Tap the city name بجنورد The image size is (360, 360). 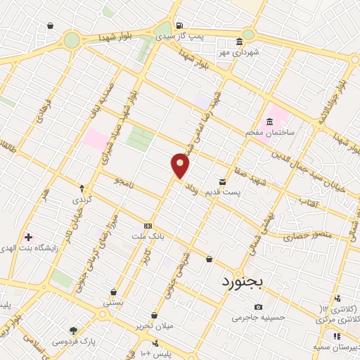(x=241, y=282)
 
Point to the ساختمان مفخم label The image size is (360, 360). (x=269, y=132)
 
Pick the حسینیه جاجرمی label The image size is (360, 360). (x=258, y=317)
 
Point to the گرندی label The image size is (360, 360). (x=82, y=200)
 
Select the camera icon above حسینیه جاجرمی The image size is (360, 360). (x=258, y=307)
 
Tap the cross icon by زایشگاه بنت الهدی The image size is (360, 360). (x=28, y=237)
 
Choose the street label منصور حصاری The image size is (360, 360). (x=302, y=237)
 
